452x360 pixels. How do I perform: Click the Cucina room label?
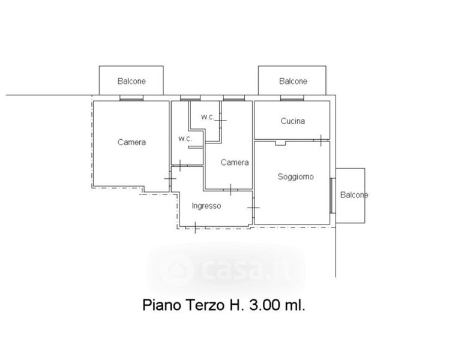click(292, 121)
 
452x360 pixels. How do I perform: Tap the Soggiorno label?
click(295, 176)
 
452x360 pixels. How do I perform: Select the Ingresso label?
click(206, 206)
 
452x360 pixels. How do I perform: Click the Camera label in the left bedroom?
click(131, 142)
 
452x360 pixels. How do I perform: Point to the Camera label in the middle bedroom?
click(234, 162)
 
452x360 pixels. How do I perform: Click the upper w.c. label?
click(208, 117)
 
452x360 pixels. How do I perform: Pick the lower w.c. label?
click(185, 139)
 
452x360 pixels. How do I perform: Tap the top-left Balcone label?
click(131, 81)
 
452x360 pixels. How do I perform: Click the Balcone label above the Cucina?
click(293, 81)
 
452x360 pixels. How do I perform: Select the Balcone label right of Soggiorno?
click(354, 195)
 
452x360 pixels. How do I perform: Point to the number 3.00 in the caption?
click(264, 305)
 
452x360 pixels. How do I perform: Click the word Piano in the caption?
click(162, 305)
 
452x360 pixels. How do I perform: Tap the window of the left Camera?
click(131, 98)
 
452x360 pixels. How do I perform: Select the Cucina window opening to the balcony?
click(292, 98)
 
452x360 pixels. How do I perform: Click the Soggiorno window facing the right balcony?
click(333, 196)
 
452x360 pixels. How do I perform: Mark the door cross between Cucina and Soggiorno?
click(321, 140)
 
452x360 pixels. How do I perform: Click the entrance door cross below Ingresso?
click(195, 227)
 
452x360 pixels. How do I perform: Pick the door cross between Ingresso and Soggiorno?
click(253, 208)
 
